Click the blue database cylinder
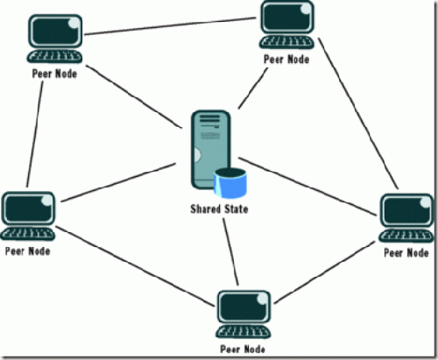(230, 183)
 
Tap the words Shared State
(219, 209)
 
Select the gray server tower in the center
(211, 150)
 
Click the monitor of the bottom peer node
(244, 307)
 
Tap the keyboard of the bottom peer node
(244, 332)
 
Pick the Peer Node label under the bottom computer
(243, 349)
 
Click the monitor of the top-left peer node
(55, 32)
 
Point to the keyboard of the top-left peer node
(54, 56)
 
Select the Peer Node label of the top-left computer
(54, 74)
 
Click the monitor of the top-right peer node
(287, 17)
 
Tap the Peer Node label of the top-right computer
(286, 60)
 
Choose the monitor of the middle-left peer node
(28, 208)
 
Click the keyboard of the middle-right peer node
(406, 236)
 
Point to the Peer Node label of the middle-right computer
(406, 253)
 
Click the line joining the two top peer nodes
(170, 26)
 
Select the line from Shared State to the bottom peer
(231, 251)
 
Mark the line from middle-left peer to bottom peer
(135, 266)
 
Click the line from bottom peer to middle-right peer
(325, 272)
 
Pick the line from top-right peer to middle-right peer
(358, 113)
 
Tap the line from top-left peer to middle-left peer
(35, 134)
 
